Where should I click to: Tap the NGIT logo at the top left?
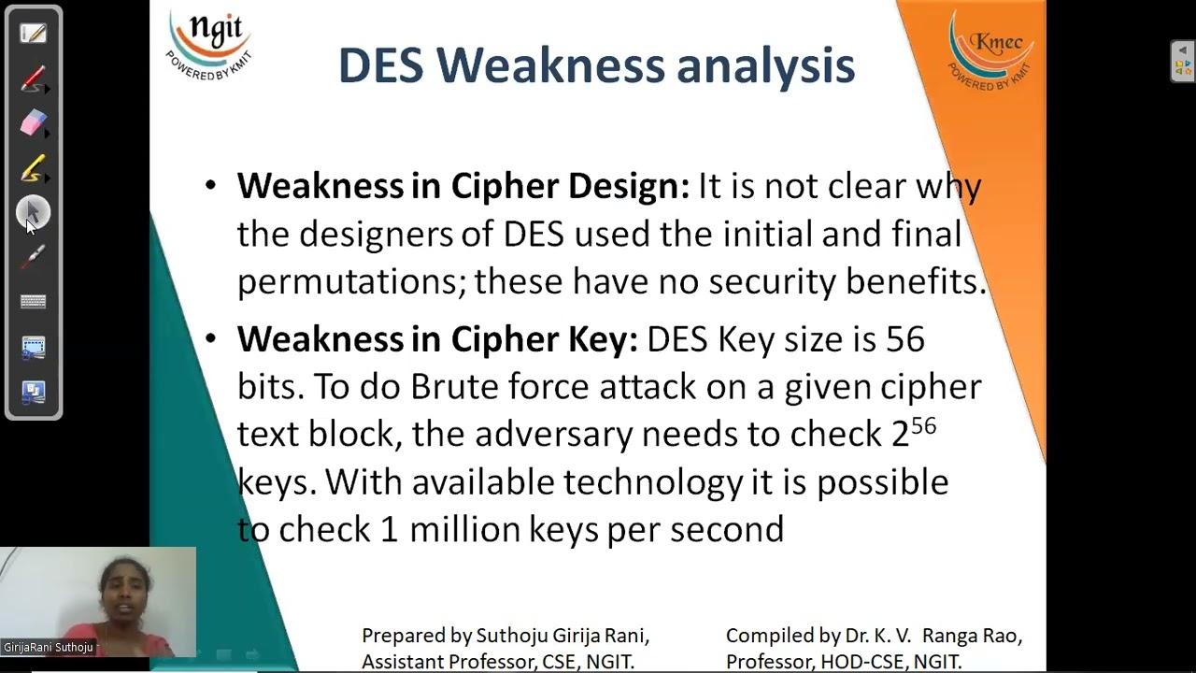click(x=208, y=45)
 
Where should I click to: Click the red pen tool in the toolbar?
click(x=33, y=79)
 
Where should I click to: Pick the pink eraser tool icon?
click(x=33, y=123)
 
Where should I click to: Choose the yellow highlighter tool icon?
click(x=33, y=168)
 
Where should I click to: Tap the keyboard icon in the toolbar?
click(x=33, y=302)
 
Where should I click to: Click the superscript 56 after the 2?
click(x=923, y=426)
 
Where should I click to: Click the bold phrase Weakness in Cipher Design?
click(x=463, y=186)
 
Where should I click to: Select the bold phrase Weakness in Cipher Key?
click(x=437, y=339)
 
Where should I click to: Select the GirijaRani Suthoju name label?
click(x=49, y=647)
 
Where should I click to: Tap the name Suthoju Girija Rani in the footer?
click(x=562, y=637)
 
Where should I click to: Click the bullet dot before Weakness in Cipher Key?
click(x=210, y=338)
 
